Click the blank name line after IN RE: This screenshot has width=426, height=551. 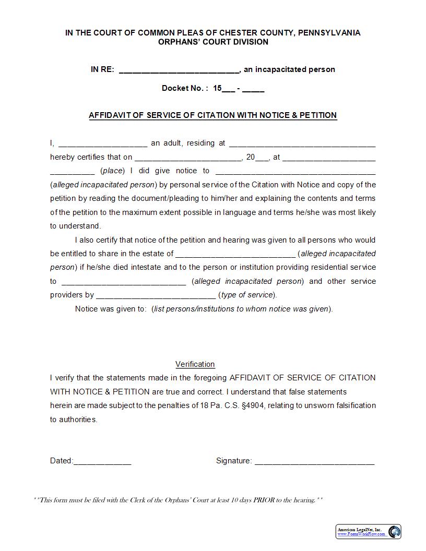point(179,70)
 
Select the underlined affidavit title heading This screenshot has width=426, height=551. point(212,115)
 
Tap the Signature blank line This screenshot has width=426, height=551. point(314,461)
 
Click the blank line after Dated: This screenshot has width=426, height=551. point(102,461)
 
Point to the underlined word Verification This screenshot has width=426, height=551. point(195,364)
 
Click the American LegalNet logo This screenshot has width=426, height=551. point(395,531)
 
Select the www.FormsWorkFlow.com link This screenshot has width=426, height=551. point(361,534)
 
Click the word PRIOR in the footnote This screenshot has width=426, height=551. point(264,500)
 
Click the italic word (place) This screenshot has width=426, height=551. point(112,171)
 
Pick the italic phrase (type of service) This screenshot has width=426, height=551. point(247,295)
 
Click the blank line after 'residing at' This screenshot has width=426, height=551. point(302,143)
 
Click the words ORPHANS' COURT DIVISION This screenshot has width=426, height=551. point(212,42)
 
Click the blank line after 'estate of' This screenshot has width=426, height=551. point(235,254)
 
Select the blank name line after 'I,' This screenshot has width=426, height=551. point(103,143)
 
